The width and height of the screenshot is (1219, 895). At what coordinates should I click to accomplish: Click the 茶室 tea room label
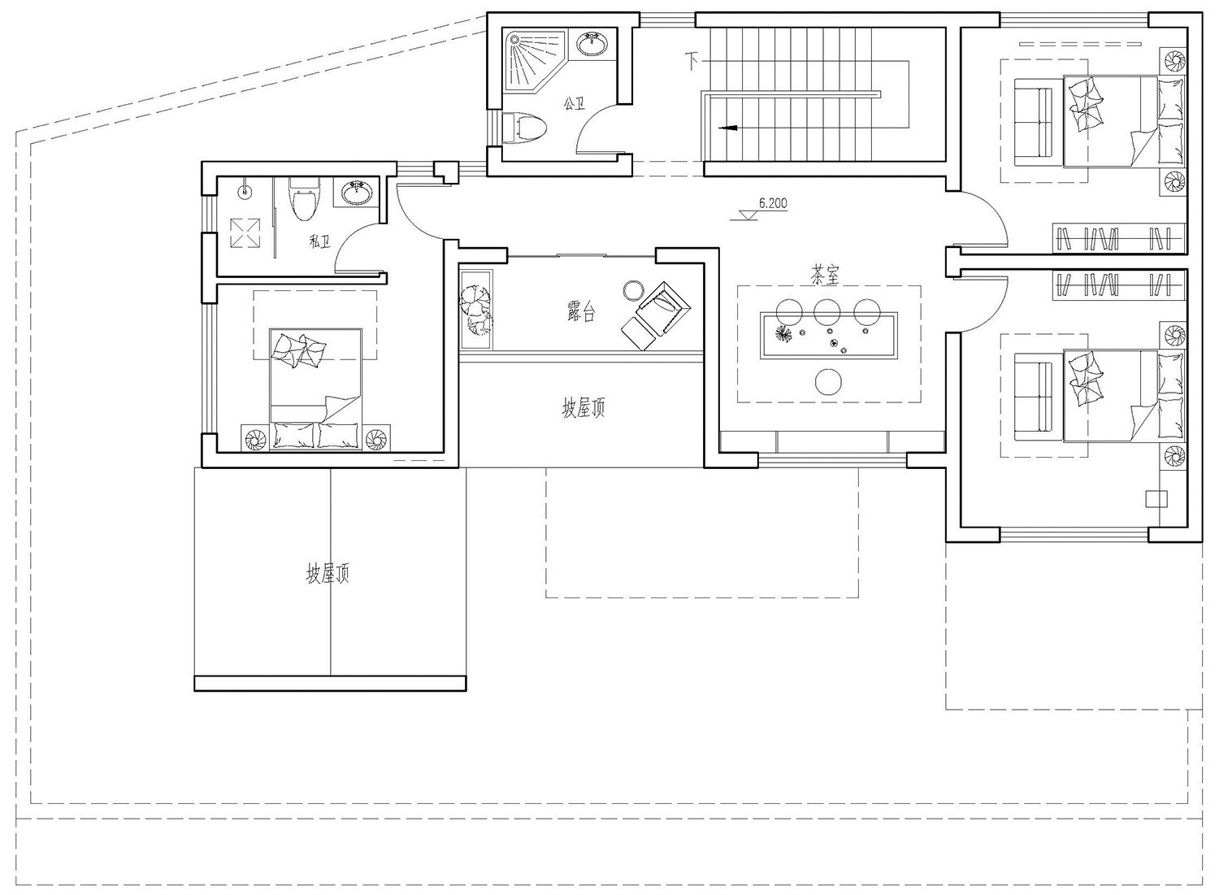tap(825, 276)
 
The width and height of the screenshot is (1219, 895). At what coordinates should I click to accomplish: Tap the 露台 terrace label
tap(581, 312)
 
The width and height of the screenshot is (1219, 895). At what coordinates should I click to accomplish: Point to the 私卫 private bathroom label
tap(320, 241)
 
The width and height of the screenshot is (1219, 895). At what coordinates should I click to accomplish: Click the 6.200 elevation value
tap(773, 203)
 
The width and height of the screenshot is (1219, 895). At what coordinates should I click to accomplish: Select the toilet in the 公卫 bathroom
tap(525, 128)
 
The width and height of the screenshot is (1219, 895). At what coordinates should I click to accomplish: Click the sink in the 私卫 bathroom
tap(357, 192)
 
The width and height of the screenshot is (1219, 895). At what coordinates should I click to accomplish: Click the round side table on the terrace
tap(633, 290)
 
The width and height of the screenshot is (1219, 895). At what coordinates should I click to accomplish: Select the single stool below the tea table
tap(829, 381)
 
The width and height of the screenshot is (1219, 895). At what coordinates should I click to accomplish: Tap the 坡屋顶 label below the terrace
tap(583, 408)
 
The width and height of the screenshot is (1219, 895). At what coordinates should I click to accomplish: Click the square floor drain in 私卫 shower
tap(245, 233)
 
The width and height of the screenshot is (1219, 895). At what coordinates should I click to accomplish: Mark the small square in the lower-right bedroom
tap(1156, 499)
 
